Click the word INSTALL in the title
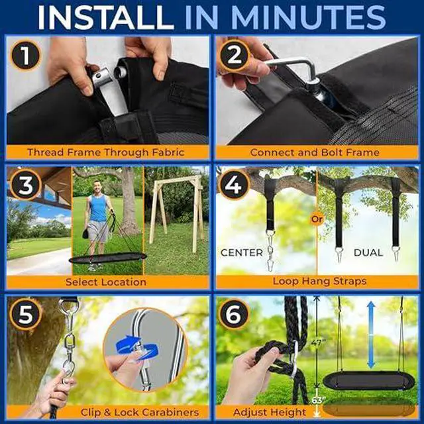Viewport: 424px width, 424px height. click(106, 17)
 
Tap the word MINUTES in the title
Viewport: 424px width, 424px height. click(308, 17)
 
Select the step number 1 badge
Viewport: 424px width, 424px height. click(25, 56)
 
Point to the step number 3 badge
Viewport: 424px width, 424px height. click(25, 185)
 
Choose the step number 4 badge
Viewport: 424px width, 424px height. click(233, 185)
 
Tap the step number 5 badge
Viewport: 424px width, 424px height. click(25, 314)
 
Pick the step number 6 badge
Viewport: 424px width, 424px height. click(233, 314)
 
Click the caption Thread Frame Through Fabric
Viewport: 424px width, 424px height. click(106, 152)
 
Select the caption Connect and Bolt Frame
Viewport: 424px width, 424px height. click(315, 152)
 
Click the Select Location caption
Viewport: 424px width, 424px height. click(106, 282)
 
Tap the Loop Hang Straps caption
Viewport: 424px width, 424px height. click(319, 281)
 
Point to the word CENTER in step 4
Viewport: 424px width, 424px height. click(241, 252)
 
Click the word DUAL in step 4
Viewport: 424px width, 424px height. click(368, 252)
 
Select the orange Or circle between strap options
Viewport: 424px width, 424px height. click(317, 219)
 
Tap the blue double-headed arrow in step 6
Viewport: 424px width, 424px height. click(371, 335)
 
